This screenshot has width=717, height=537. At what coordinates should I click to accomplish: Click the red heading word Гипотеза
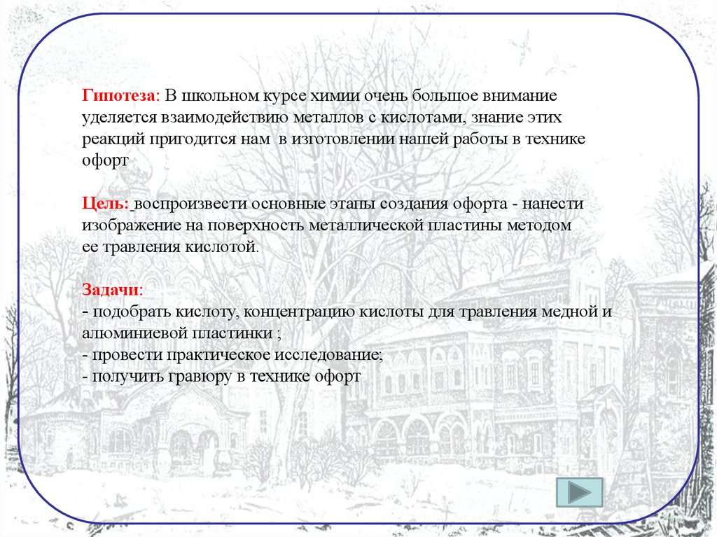(120, 95)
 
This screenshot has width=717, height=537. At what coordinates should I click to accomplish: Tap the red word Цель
(104, 204)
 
